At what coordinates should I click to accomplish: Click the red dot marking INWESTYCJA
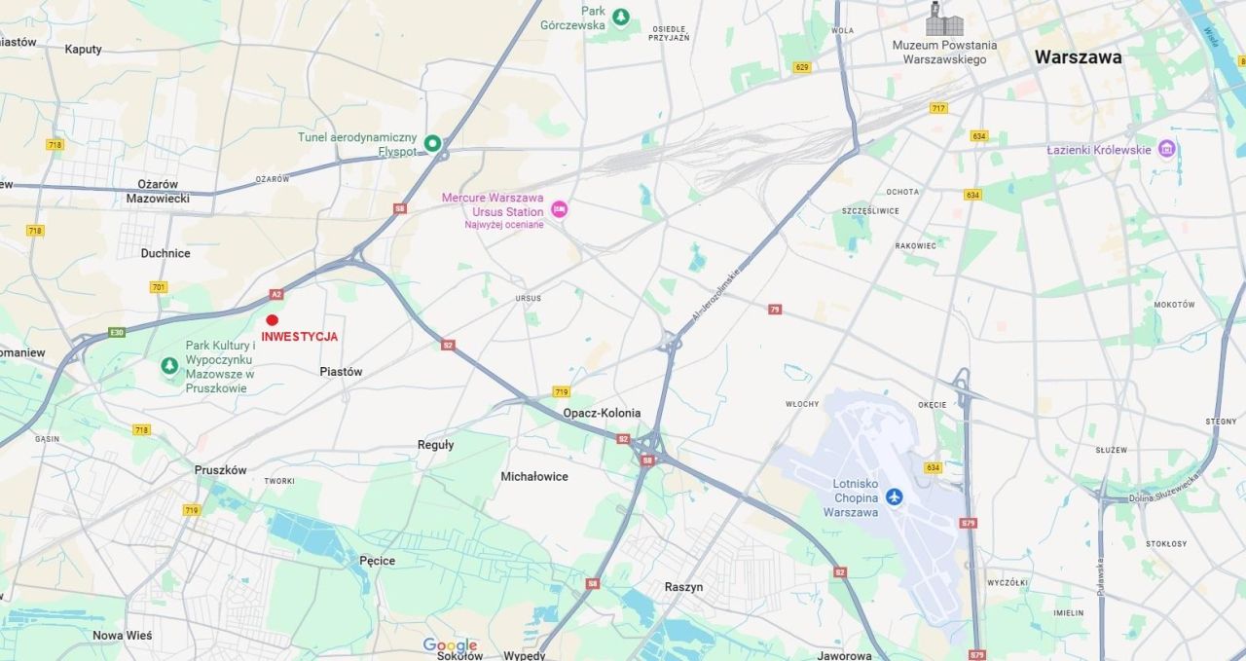pos(273,320)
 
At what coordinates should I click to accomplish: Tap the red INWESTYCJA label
pos(300,337)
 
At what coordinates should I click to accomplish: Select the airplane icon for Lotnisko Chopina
pos(894,497)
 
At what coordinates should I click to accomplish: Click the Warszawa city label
pos(1078,57)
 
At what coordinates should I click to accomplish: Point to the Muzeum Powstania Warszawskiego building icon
pos(944,20)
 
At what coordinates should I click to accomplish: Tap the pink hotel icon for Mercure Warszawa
pos(559,209)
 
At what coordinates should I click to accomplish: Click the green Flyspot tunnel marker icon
pos(432,144)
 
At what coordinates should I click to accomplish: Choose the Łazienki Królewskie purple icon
pos(1166,149)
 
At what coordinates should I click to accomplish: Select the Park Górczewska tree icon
pos(621,17)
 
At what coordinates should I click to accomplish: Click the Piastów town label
pos(341,372)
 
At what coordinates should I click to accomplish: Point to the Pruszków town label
pos(221,469)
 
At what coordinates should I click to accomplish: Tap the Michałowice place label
pos(534,477)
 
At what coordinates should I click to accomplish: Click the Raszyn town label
pos(683,587)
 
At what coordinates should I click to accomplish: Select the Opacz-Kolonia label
pos(602,413)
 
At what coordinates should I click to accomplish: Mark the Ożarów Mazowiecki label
pos(158,191)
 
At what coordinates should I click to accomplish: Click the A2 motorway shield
pos(276,294)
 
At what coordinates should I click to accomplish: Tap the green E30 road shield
pos(117,333)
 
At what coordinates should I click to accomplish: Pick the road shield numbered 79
pos(775,309)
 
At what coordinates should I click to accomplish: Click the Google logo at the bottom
pos(450,645)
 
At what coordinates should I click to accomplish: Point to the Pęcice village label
pos(377,561)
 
